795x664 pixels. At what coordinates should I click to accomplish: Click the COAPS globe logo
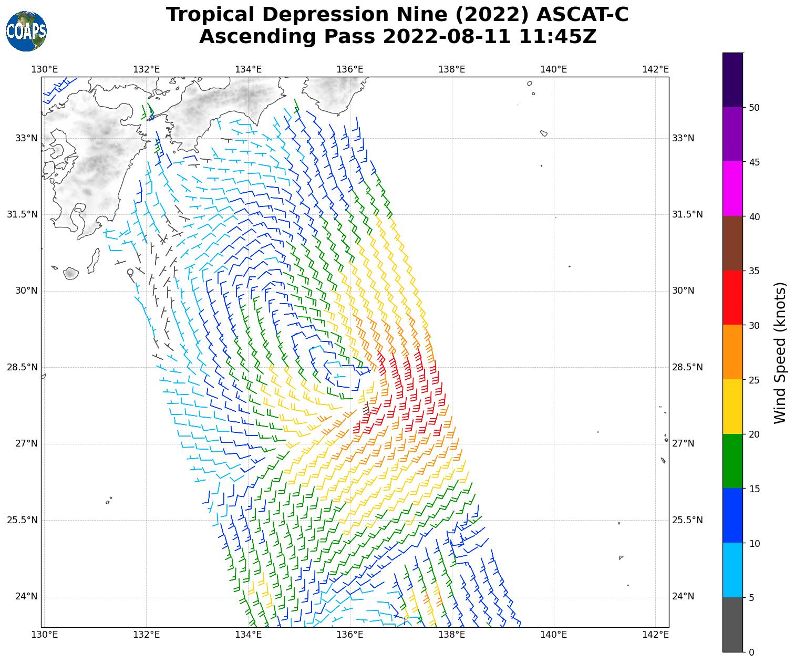click(x=26, y=31)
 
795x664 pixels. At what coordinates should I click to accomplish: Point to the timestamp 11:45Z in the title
click(x=557, y=37)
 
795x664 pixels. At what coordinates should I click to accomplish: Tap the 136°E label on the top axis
click(x=350, y=69)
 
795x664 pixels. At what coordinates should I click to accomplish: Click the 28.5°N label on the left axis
click(x=22, y=367)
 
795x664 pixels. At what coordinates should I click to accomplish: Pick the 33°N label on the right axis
click(x=683, y=138)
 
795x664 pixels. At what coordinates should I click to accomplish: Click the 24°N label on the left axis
click(x=26, y=596)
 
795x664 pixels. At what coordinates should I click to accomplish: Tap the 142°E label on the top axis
click(x=655, y=69)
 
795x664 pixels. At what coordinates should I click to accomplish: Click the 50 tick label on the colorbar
click(x=754, y=108)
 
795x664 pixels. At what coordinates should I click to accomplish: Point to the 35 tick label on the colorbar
click(x=754, y=271)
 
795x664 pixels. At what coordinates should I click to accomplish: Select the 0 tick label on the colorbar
click(x=751, y=652)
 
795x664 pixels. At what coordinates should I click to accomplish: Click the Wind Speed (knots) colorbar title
click(x=780, y=352)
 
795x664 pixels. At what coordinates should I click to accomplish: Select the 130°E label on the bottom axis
click(x=45, y=635)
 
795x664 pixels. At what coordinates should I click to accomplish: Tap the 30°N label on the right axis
click(x=683, y=290)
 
